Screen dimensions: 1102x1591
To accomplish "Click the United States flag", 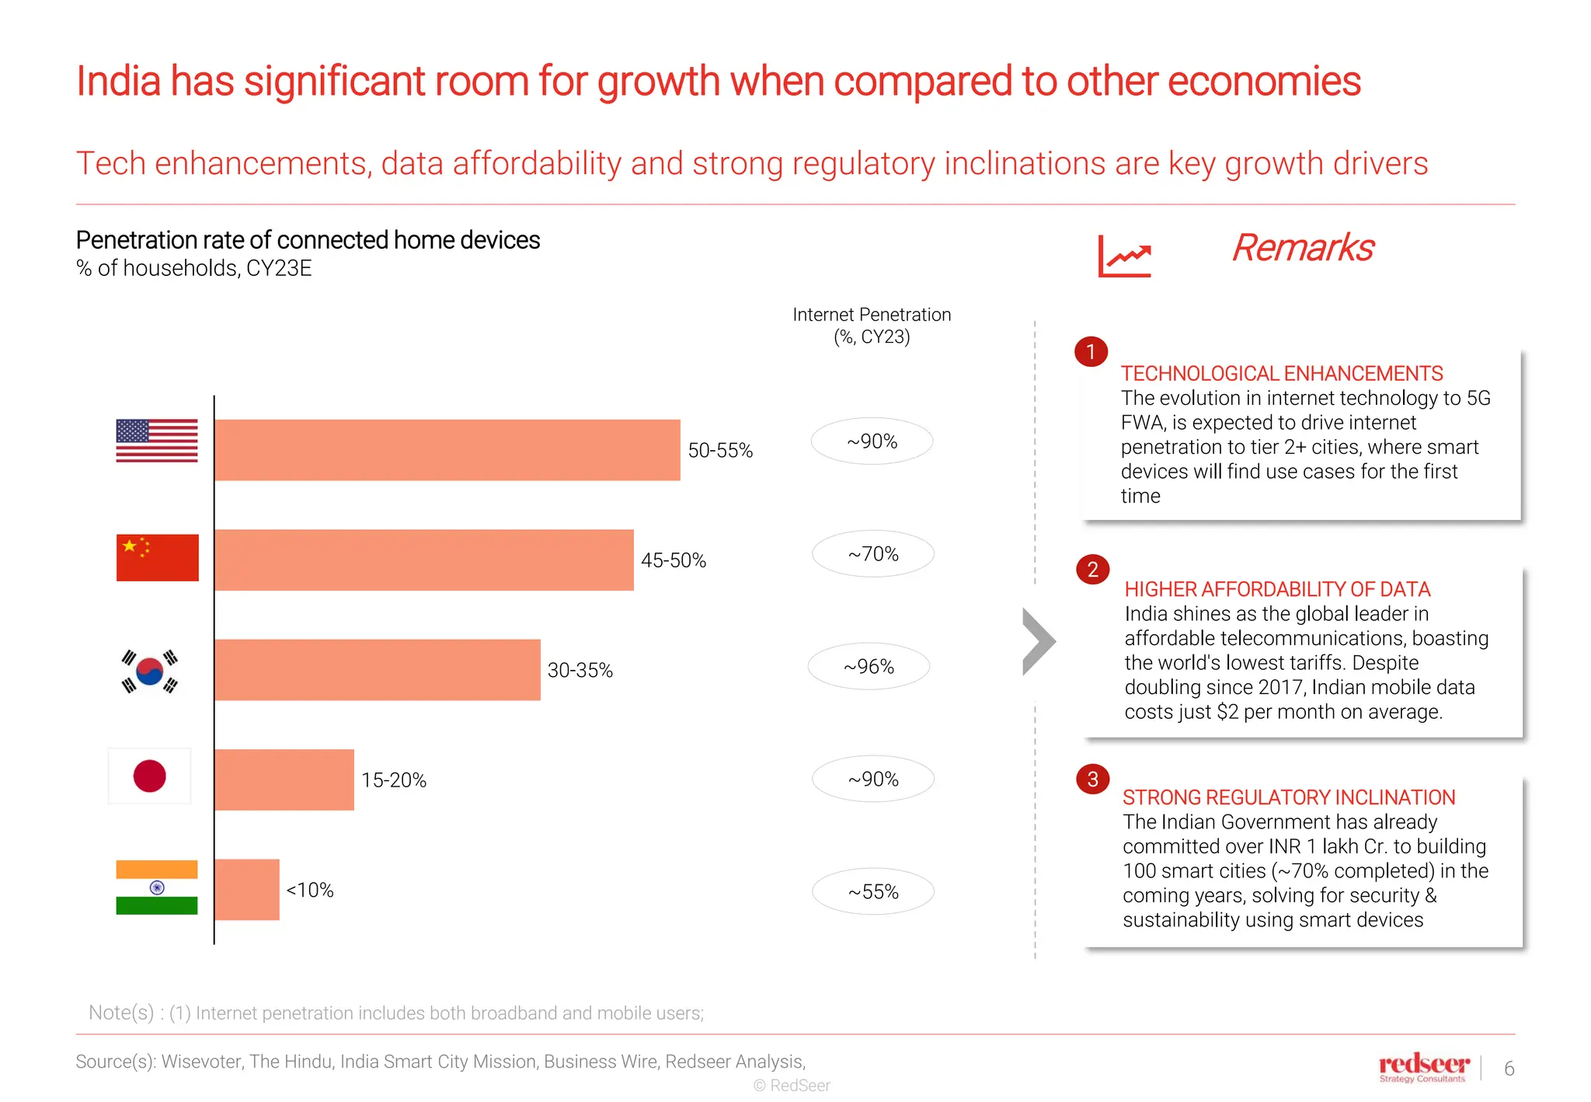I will click(157, 441).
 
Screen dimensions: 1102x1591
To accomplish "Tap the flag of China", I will click(157, 557).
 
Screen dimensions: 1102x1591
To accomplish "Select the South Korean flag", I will click(150, 671).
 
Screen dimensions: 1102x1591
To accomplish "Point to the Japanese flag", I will click(150, 776).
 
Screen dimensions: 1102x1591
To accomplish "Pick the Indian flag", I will click(157, 888).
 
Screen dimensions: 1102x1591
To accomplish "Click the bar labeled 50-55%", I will click(447, 450).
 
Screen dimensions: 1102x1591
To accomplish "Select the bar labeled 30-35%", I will click(377, 670).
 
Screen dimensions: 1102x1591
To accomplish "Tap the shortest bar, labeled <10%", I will click(247, 890).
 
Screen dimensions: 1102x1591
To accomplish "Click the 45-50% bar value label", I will click(674, 560).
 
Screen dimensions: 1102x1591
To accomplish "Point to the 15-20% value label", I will click(394, 780).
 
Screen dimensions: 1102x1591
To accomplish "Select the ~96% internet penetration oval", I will click(869, 667).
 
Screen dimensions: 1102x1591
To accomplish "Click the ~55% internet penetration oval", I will click(873, 891).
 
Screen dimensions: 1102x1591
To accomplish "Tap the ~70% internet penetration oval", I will click(873, 554).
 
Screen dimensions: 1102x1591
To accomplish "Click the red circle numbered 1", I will click(1091, 352).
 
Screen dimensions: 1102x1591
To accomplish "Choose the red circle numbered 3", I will click(1092, 779).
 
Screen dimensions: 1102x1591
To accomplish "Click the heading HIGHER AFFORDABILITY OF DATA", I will click(1277, 589).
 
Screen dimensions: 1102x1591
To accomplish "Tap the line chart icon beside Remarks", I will click(1124, 256).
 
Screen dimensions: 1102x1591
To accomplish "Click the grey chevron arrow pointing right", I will click(1039, 641).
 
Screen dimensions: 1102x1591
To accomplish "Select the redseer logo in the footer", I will click(1423, 1066).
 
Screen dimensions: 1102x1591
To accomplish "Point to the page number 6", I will click(1509, 1069).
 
